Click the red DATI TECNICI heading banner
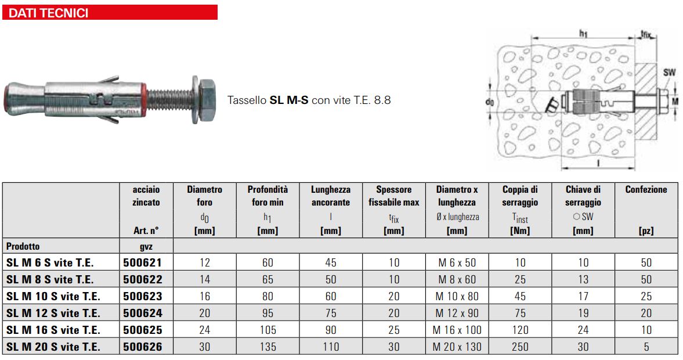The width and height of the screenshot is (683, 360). click(x=110, y=12)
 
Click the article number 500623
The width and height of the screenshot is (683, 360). click(x=142, y=296)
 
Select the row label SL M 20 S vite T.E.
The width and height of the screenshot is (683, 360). click(x=53, y=347)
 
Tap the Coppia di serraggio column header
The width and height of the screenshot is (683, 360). click(x=520, y=196)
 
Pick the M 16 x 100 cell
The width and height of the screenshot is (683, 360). click(x=457, y=330)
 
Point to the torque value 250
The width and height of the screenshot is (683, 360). click(x=520, y=347)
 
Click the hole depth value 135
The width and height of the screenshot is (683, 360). click(x=268, y=347)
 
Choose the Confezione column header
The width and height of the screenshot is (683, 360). click(x=646, y=189)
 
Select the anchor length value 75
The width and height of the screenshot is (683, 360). click(x=331, y=313)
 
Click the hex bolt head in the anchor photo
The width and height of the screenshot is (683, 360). click(x=207, y=99)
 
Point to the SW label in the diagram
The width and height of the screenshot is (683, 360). click(x=669, y=72)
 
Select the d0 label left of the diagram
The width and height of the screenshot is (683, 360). click(x=491, y=102)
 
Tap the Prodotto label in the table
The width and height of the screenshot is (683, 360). click(x=23, y=246)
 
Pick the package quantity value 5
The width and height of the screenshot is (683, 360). click(x=646, y=347)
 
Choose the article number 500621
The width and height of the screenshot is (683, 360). click(x=142, y=262)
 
